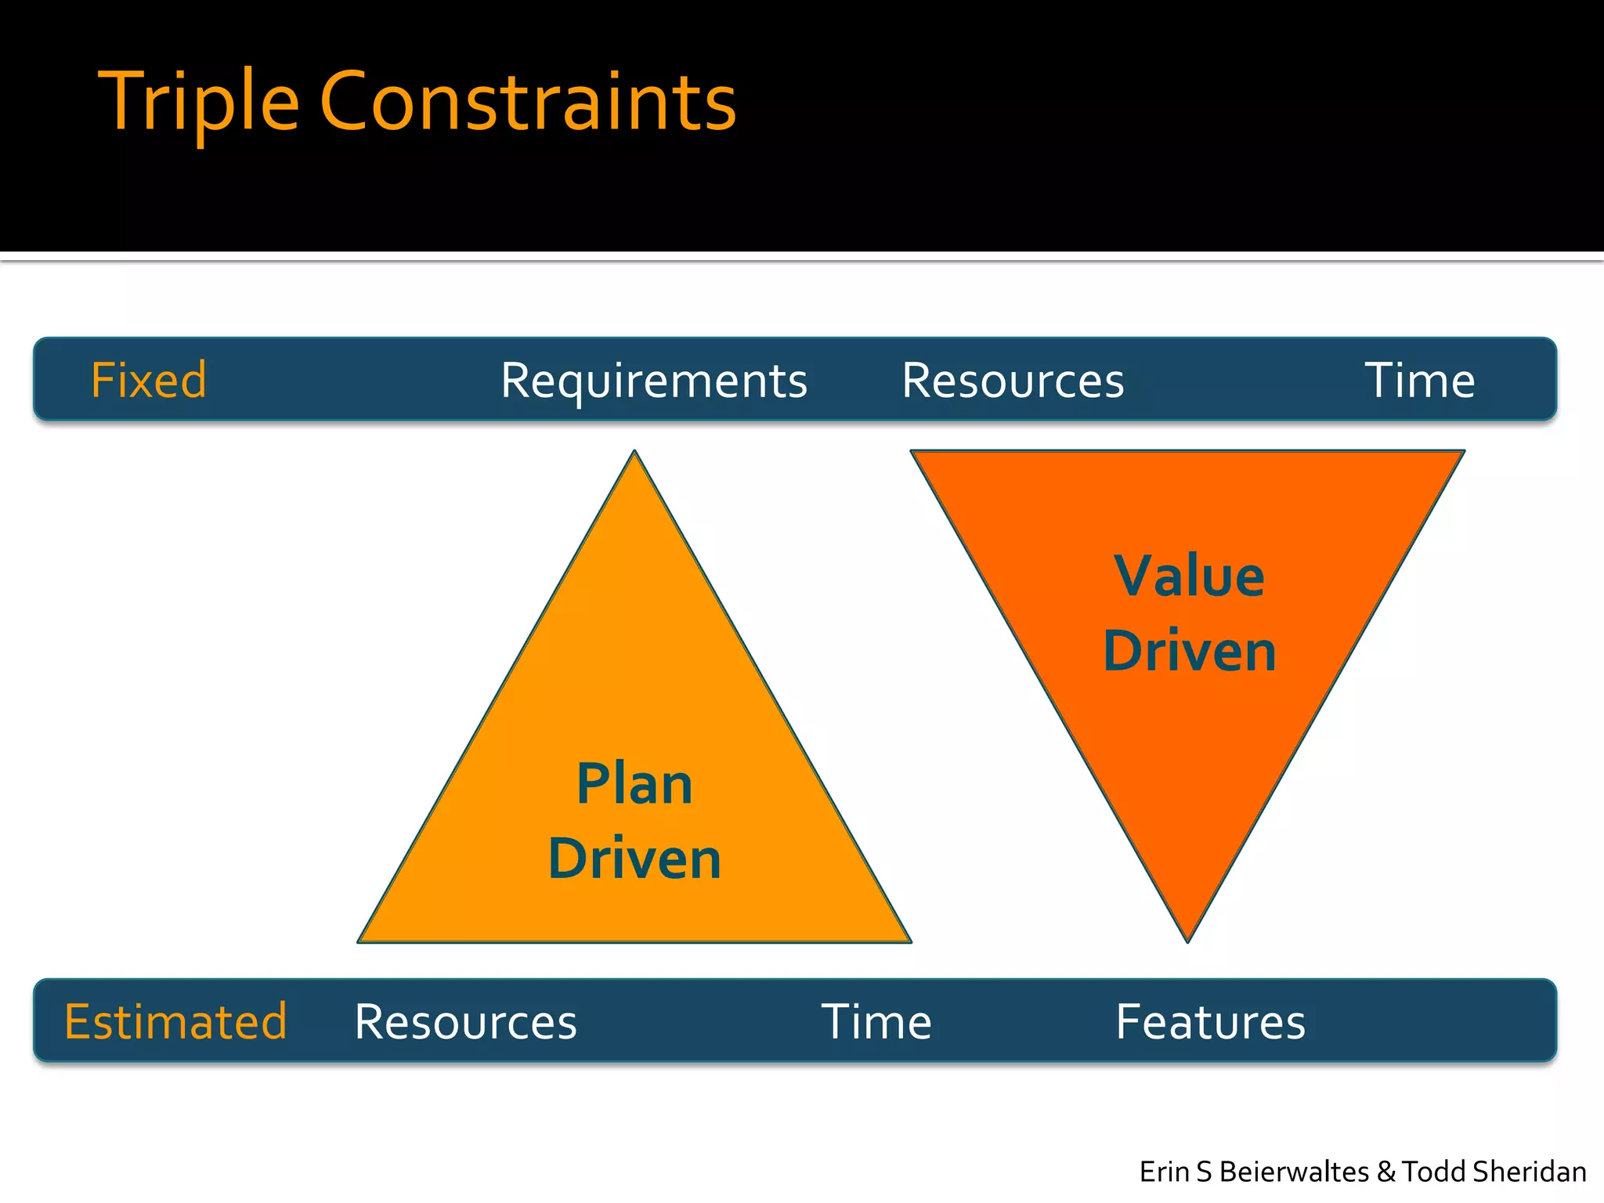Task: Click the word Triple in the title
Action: tap(198, 102)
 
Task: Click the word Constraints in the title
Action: tap(528, 102)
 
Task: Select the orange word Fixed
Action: tap(149, 381)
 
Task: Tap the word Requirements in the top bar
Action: tap(654, 381)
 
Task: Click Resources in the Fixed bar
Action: tap(1013, 381)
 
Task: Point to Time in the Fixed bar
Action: tap(1419, 381)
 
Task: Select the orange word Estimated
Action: tap(176, 1021)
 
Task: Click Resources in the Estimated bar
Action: tap(466, 1021)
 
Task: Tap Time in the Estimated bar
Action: tap(876, 1021)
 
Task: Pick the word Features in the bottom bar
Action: tap(1211, 1021)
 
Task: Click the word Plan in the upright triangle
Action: tap(634, 784)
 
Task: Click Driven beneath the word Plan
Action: tap(634, 859)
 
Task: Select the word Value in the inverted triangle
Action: tap(1189, 576)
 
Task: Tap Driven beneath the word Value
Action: tap(1189, 651)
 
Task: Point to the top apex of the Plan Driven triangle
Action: tap(635, 453)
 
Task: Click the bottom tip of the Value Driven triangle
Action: tap(1187, 940)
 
